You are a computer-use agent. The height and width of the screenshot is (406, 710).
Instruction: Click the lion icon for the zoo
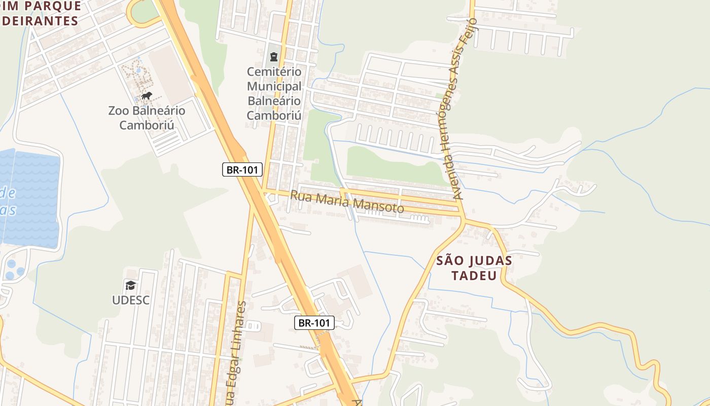pyautogui.click(x=147, y=95)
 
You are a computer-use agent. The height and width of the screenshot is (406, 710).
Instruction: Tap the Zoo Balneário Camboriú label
pyautogui.click(x=147, y=118)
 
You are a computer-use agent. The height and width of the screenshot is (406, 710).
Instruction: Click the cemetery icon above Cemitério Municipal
pyautogui.click(x=274, y=56)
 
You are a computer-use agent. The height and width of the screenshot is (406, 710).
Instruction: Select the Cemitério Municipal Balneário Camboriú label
pyautogui.click(x=274, y=93)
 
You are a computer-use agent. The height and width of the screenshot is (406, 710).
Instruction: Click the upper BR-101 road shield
pyautogui.click(x=242, y=170)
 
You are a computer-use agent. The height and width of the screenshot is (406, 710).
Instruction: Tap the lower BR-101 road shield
pyautogui.click(x=314, y=322)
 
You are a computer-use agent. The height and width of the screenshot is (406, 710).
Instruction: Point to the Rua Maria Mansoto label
pyautogui.click(x=347, y=201)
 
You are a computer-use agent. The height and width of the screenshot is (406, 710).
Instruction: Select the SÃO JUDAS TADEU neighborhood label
pyautogui.click(x=474, y=268)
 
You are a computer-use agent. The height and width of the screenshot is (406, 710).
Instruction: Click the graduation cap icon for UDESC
pyautogui.click(x=131, y=285)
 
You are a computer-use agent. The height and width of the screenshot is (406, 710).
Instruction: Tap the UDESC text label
pyautogui.click(x=131, y=300)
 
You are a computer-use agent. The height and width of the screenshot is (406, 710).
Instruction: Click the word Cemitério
pyautogui.click(x=274, y=72)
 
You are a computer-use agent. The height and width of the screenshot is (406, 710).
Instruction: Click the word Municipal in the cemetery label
pyautogui.click(x=274, y=86)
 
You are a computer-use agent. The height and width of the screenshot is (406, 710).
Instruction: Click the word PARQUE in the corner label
pyautogui.click(x=56, y=6)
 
